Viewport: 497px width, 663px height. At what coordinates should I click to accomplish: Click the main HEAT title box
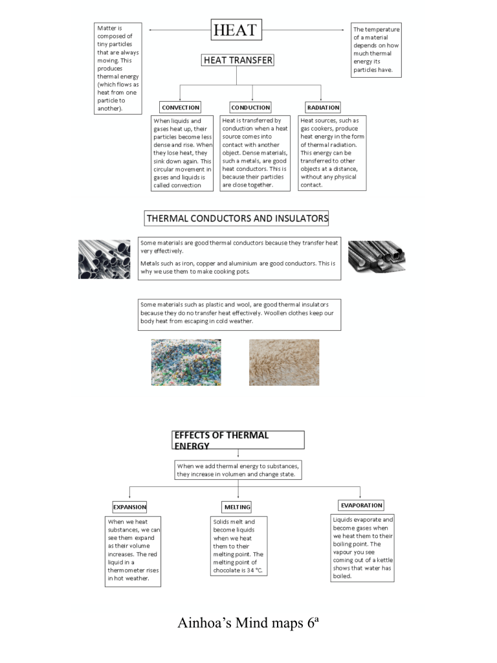click(x=236, y=30)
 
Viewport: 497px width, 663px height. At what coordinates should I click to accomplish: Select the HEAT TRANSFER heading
click(x=237, y=60)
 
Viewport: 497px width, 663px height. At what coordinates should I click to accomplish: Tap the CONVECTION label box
click(x=181, y=107)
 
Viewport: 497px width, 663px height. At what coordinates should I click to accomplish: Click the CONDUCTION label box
click(x=250, y=107)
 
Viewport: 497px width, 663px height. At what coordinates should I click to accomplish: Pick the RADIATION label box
click(x=323, y=107)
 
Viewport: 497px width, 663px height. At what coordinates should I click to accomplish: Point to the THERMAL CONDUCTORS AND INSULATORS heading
click(x=237, y=218)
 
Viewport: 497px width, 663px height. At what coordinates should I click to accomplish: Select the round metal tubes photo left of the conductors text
click(x=104, y=259)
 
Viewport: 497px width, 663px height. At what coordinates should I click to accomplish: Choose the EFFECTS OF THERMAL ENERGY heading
click(x=237, y=440)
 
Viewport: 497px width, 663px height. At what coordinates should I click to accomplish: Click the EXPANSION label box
click(x=129, y=507)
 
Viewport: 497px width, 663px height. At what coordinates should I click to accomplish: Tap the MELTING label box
click(x=236, y=507)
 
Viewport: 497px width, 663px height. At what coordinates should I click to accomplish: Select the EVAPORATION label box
click(x=362, y=505)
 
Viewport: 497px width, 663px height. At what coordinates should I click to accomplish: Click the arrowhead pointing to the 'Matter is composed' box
click(x=151, y=30)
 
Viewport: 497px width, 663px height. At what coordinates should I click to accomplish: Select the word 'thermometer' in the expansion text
click(x=129, y=570)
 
